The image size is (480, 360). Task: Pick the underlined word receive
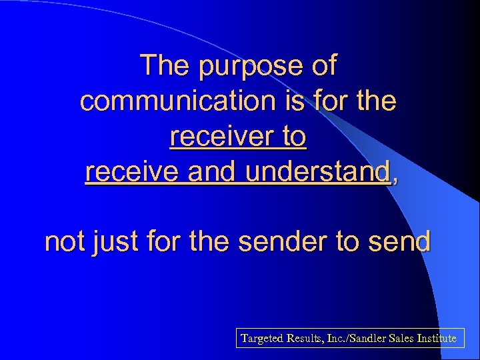click(133, 172)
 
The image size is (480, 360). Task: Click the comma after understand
click(395, 177)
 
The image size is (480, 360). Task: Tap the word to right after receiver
click(293, 137)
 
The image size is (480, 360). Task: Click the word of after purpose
click(323, 66)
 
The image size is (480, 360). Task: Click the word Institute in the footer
click(435, 339)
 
